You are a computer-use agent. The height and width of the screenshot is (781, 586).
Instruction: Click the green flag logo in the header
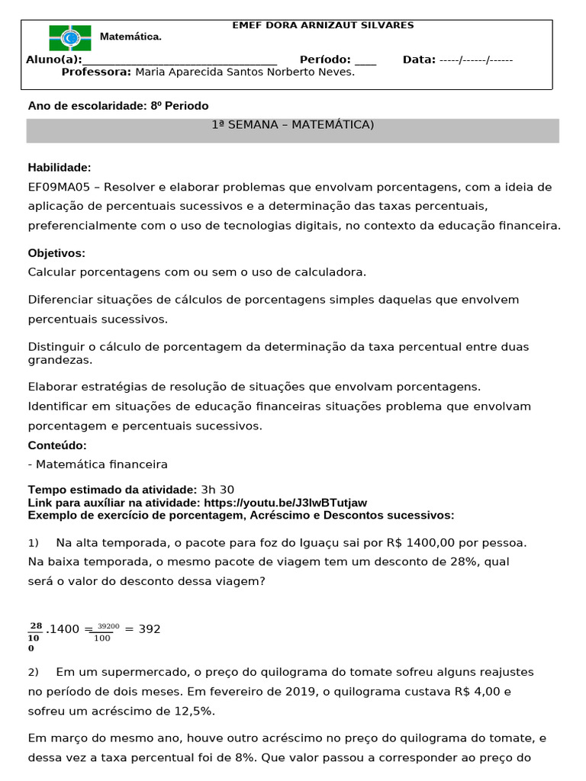69,37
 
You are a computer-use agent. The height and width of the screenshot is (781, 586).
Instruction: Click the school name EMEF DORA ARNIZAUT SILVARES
323,25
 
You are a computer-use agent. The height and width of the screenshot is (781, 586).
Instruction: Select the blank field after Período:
365,60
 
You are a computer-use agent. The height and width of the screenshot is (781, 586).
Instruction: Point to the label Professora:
96,72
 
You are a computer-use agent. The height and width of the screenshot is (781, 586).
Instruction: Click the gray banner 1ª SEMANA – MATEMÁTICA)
293,125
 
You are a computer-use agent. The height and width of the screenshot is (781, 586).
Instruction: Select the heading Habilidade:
60,167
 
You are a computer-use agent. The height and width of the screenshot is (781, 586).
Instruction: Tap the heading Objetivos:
56,252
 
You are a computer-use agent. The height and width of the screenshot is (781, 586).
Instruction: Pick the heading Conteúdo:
57,445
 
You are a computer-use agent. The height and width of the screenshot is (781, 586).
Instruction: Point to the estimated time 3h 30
217,490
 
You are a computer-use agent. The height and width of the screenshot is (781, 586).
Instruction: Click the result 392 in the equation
150,629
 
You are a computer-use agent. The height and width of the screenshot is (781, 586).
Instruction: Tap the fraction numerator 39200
108,626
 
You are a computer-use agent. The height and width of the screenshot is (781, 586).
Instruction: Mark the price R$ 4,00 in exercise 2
478,692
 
